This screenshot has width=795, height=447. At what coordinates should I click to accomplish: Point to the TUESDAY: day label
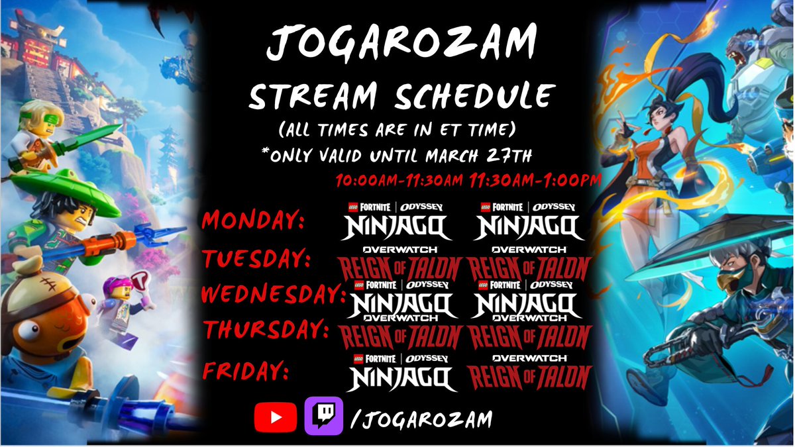pos(257,259)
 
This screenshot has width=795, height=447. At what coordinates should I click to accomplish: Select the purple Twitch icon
pos(323,416)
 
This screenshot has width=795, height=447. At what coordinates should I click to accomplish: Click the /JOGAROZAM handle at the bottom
pos(419,419)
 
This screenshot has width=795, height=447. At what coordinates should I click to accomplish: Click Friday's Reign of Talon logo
pos(529,373)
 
